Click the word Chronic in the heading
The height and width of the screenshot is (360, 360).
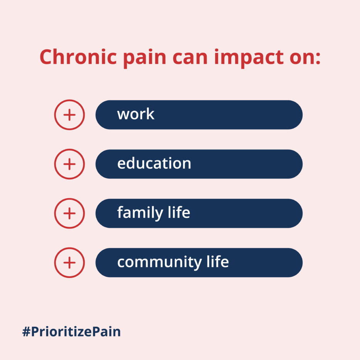(x=78, y=57)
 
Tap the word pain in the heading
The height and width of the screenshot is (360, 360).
(x=145, y=58)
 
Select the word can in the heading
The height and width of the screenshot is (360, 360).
(x=190, y=58)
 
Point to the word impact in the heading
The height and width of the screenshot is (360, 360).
(x=249, y=58)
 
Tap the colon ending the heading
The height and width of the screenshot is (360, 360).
(x=318, y=59)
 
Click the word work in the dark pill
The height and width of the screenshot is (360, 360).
(x=136, y=114)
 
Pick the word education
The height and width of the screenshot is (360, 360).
(x=154, y=163)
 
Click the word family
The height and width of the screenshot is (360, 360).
(x=140, y=213)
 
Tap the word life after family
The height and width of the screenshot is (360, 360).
(x=179, y=212)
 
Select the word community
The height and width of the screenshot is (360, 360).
(x=160, y=262)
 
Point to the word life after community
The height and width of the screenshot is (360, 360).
(x=218, y=261)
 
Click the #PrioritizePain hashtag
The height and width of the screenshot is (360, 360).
(x=71, y=331)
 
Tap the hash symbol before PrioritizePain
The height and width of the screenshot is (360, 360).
(x=26, y=332)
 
